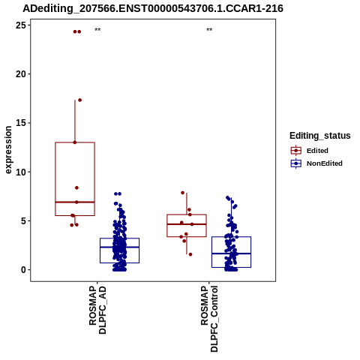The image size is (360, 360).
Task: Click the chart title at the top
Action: (x=153, y=9)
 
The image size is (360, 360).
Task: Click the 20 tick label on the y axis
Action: (x=21, y=74)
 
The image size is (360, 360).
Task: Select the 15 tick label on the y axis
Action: (x=21, y=123)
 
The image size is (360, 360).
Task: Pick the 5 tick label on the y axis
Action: (x=23, y=221)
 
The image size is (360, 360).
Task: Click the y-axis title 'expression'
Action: (x=8, y=150)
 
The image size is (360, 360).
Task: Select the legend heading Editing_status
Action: (x=320, y=136)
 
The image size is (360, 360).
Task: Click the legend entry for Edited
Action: (x=317, y=151)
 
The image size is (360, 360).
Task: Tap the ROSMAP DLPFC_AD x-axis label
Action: (x=97, y=310)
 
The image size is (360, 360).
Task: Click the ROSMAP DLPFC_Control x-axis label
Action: (x=209, y=319)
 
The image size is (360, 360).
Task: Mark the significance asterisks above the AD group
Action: (x=97, y=30)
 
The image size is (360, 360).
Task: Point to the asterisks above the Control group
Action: (x=209, y=30)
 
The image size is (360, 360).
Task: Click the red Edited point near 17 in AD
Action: (x=80, y=100)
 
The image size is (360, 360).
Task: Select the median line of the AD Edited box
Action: (x=75, y=202)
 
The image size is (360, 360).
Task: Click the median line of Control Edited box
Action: (x=187, y=224)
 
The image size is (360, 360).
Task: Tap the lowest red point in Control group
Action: (x=190, y=254)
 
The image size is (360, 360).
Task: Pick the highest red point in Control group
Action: (x=183, y=193)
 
